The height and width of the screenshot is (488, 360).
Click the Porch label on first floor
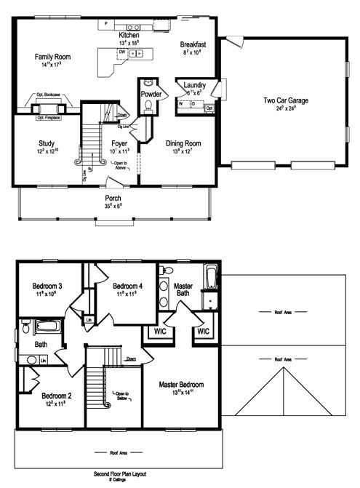click(113, 198)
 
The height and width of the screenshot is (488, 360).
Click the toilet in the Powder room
click(149, 106)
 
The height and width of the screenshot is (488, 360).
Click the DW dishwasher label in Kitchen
click(122, 53)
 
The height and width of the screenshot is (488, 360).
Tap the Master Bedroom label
click(182, 384)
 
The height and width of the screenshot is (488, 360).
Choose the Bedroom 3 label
click(45, 288)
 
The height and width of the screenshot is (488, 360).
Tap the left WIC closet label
click(160, 332)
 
